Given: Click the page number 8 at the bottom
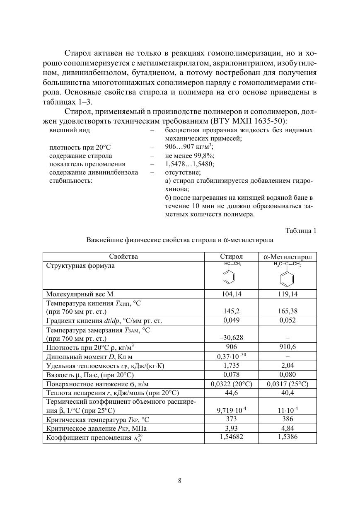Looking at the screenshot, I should point(180,481).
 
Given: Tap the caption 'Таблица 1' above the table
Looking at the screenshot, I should point(301,231).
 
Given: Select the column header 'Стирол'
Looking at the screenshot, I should point(231,257).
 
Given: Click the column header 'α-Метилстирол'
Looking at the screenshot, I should point(288,257).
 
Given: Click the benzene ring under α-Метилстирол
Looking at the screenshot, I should point(287,278).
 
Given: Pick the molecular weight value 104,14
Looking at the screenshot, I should point(231,294).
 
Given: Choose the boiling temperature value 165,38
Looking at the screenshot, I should point(288,311).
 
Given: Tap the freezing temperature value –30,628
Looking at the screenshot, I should point(231,337).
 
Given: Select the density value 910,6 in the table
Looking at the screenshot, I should point(288,347).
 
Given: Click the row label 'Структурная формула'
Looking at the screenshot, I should point(80,266).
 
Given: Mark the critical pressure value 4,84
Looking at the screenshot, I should point(288,428).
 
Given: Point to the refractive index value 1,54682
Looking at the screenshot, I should point(231,437).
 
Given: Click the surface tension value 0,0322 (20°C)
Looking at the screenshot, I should point(231,384).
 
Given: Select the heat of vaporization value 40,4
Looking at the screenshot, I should point(288,393).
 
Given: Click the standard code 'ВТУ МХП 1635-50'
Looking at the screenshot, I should point(249,121).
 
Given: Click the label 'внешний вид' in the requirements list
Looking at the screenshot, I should point(70,130).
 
